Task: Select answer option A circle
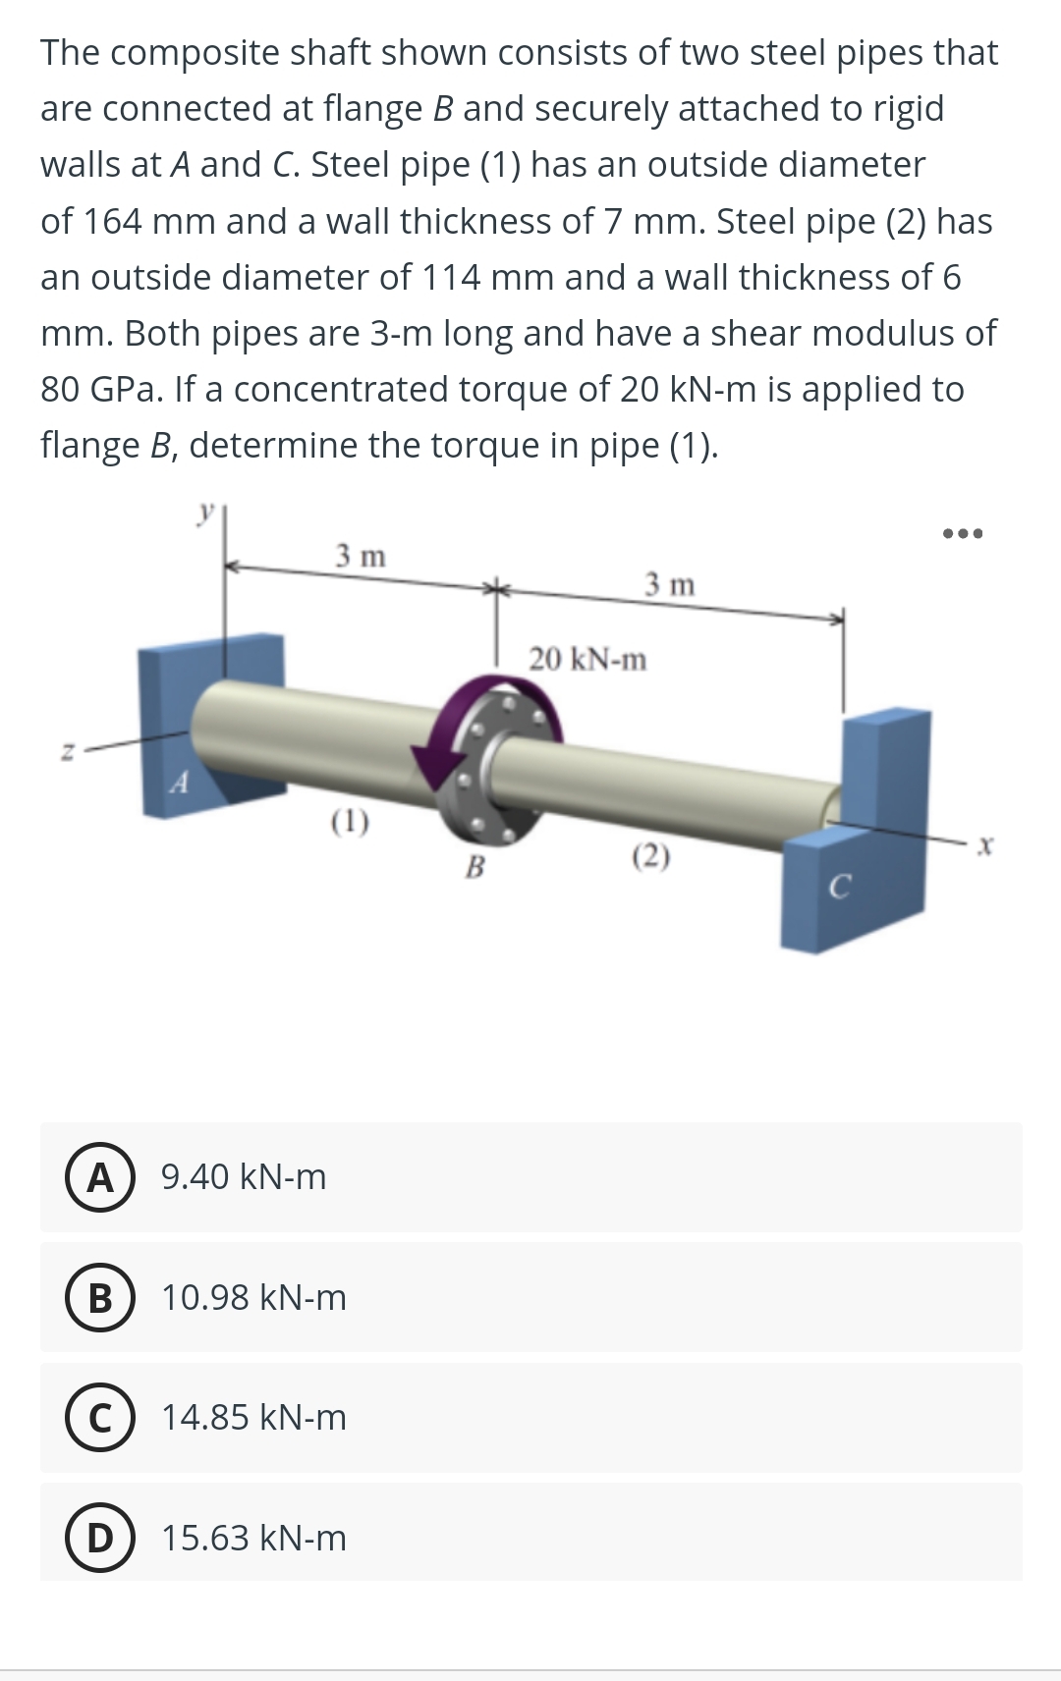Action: (100, 1176)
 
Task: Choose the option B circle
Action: (100, 1297)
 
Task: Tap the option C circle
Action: (100, 1418)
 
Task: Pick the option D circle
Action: (100, 1538)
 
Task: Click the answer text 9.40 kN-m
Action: (244, 1176)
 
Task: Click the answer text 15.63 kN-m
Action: (254, 1538)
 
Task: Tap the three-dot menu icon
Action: (962, 534)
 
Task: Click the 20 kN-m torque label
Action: (588, 659)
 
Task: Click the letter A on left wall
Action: (178, 783)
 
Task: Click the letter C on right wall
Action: (837, 888)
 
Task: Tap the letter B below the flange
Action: (475, 866)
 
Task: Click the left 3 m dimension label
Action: (361, 556)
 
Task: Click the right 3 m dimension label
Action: (670, 585)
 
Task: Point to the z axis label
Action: (68, 752)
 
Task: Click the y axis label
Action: (204, 512)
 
